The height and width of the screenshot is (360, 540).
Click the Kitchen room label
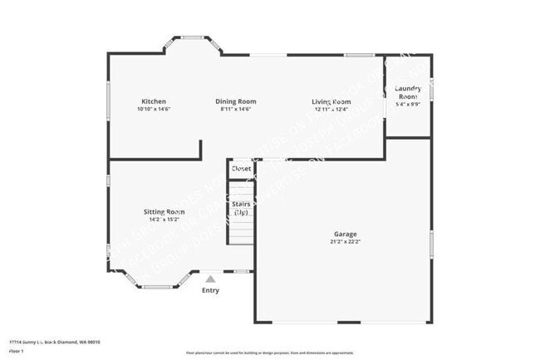pos(153,101)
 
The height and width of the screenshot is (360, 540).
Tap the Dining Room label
pos(235,101)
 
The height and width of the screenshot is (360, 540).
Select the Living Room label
pos(331,101)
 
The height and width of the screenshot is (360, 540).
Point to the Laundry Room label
pos(408,92)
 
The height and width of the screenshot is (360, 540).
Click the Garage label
pos(345,234)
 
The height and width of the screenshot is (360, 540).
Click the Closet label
pos(241,169)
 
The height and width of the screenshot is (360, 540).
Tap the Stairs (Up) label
pos(241,208)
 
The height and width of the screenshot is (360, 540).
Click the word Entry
pos(211,290)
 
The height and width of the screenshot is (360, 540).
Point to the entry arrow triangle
pos(211,279)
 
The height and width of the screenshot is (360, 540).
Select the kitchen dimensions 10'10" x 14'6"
pos(153,110)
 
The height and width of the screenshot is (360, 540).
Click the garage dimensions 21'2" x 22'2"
pos(345,242)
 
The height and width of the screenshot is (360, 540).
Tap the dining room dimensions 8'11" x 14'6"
pos(235,110)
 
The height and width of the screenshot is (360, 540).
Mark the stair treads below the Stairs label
pos(241,231)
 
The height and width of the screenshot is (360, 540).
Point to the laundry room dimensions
pos(408,105)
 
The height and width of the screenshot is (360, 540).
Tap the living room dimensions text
pos(331,110)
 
